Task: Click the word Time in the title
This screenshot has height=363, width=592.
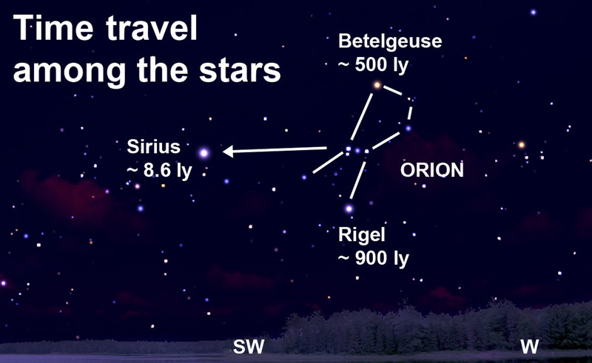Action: tap(53, 28)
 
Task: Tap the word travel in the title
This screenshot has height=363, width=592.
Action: tap(152, 28)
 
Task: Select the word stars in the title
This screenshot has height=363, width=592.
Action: tap(240, 70)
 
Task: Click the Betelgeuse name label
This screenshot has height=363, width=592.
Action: tap(390, 41)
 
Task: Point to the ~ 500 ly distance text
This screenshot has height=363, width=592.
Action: tap(373, 65)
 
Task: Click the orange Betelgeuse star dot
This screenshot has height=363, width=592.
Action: tap(377, 85)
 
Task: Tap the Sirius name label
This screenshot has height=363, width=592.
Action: tap(154, 146)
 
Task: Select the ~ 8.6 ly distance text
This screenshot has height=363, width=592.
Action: tap(159, 171)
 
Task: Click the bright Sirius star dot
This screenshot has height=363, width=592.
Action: tap(204, 153)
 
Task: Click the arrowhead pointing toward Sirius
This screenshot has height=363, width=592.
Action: tap(228, 152)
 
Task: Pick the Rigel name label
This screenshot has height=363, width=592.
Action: tap(362, 234)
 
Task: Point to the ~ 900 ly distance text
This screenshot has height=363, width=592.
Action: tap(374, 259)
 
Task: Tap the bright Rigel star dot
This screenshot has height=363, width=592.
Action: tap(349, 208)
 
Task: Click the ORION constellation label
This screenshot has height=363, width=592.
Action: tap(432, 170)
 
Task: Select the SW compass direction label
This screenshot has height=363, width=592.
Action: tap(249, 347)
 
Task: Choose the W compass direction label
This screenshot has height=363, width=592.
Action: tap(529, 347)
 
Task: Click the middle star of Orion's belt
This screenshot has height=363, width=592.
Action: tap(357, 151)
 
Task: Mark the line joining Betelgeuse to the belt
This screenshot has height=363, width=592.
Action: tap(362, 117)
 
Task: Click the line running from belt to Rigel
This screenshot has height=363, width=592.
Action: tap(358, 180)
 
